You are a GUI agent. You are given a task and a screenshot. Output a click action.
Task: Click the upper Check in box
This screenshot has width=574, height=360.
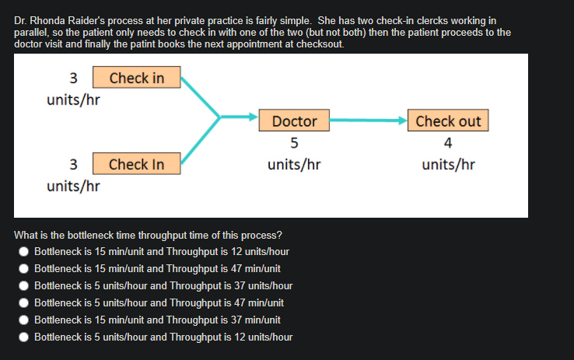(137, 78)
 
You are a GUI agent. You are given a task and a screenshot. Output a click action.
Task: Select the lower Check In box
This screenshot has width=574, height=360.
(137, 164)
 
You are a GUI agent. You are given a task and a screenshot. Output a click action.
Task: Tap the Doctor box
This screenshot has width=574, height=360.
(294, 121)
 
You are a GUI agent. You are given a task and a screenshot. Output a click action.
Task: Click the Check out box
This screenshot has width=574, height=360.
(448, 121)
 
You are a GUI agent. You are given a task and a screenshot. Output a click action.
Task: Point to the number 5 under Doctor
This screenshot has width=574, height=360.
(294, 143)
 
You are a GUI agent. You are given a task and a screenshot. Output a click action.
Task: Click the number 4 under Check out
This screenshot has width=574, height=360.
(448, 143)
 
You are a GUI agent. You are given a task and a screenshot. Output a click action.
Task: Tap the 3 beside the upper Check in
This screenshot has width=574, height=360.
(73, 78)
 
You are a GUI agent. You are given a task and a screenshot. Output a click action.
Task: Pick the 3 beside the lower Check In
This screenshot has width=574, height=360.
(73, 164)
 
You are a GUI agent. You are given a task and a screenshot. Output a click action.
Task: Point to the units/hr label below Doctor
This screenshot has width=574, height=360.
(294, 165)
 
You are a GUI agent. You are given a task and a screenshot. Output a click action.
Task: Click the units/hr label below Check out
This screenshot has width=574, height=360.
(448, 165)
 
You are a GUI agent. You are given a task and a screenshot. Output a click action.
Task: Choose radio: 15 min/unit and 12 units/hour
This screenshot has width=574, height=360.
(25, 252)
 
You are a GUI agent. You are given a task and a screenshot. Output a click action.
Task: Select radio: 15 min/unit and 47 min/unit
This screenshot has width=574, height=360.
(25, 268)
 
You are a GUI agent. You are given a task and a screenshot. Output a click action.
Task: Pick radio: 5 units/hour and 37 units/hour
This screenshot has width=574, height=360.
(25, 285)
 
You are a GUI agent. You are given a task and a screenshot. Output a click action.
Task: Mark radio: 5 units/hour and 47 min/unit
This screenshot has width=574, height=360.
(25, 302)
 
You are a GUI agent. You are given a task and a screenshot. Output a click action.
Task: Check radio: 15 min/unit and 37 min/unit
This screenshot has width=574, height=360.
(25, 320)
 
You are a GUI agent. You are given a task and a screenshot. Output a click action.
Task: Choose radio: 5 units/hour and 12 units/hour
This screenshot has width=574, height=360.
(25, 337)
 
